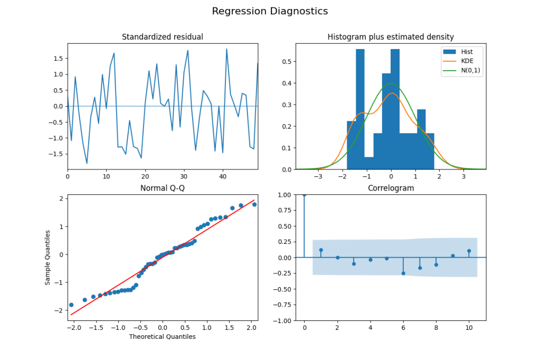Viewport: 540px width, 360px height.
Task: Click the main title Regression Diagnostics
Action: point(270,11)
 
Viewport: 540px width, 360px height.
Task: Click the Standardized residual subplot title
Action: point(162,37)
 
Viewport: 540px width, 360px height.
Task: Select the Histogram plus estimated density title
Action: point(391,37)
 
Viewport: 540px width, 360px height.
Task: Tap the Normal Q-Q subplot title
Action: point(162,188)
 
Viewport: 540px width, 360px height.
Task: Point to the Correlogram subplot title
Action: point(391,188)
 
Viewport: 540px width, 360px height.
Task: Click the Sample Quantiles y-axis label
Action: point(48,257)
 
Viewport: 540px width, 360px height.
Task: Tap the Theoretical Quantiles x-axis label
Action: point(162,337)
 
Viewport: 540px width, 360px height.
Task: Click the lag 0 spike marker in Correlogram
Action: point(304,195)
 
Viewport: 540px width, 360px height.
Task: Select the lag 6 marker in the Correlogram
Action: point(403,273)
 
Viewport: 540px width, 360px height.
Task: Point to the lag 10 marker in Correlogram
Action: point(469,251)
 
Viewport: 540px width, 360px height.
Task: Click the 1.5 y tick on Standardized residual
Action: point(57,59)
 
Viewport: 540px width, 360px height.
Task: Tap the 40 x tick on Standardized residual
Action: point(223,176)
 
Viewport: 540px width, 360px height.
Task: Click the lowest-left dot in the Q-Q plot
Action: point(71,305)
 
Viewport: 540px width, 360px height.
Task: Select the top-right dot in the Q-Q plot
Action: point(254,204)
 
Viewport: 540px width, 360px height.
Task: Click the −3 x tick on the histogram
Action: point(318,176)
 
